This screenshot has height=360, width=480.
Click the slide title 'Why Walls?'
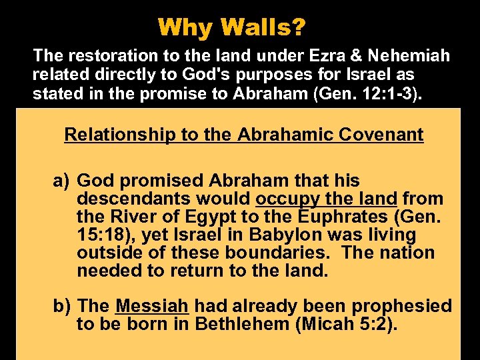pyautogui.click(x=232, y=27)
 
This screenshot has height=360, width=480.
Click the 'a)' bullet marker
pyautogui.click(x=63, y=181)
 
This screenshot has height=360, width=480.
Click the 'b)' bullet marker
pyautogui.click(x=63, y=306)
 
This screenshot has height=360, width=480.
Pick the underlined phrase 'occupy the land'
pyautogui.click(x=326, y=199)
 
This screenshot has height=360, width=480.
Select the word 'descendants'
pyautogui.click(x=133, y=199)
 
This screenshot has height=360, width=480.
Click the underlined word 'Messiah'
pyautogui.click(x=153, y=306)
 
